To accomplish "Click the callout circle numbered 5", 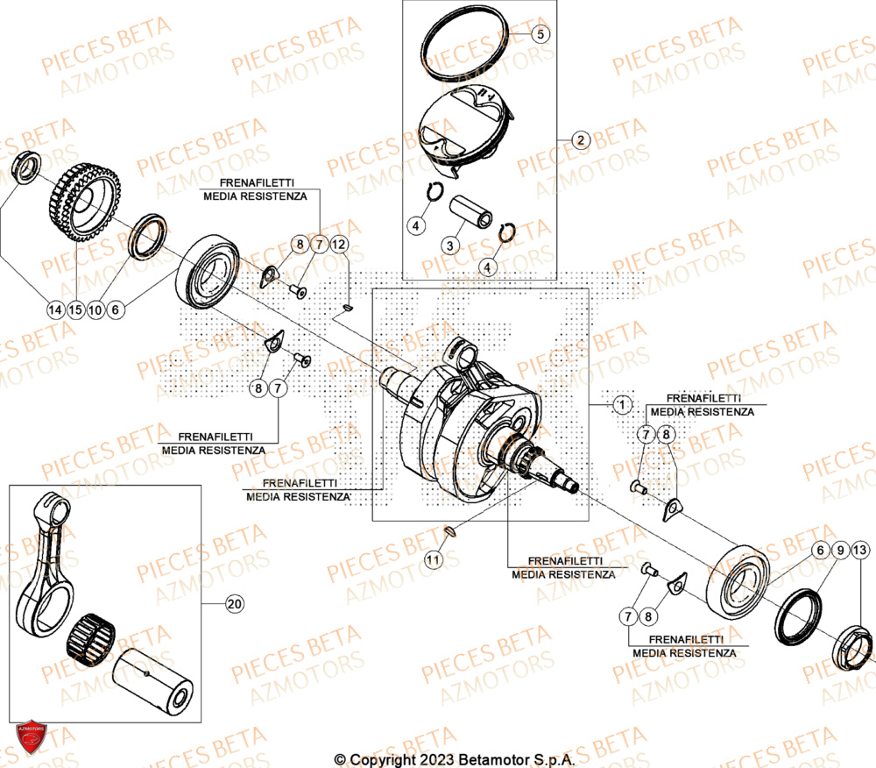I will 540,34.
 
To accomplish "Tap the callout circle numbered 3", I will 449,245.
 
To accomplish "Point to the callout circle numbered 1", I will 621,405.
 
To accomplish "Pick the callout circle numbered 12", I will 339,244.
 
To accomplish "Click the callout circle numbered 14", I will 55,309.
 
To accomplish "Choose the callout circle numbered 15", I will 76,309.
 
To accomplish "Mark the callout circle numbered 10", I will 96,309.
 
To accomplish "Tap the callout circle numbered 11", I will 433,558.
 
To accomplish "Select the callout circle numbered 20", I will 233,604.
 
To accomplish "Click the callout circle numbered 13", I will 860,550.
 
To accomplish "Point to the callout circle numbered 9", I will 840,550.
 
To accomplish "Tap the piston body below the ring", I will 462,128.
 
